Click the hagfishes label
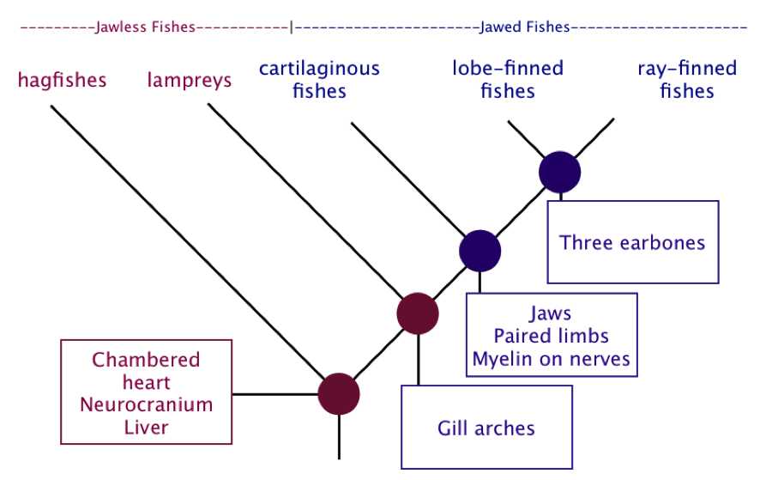pyautogui.click(x=62, y=81)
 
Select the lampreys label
pyautogui.click(x=190, y=81)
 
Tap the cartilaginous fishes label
pyautogui.click(x=320, y=79)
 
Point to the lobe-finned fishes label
pyautogui.click(x=508, y=79)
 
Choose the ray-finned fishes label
pyautogui.click(x=687, y=79)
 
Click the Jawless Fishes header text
pyautogui.click(x=145, y=27)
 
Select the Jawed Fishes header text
pyautogui.click(x=525, y=27)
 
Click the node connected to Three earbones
pyautogui.click(x=560, y=172)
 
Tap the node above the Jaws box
pyautogui.click(x=480, y=251)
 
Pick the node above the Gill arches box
pyautogui.click(x=418, y=313)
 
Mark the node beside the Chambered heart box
pyautogui.click(x=339, y=394)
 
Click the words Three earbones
pyautogui.click(x=632, y=243)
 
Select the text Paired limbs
pyautogui.click(x=552, y=336)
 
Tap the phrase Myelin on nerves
pyautogui.click(x=552, y=359)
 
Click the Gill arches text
pyautogui.click(x=486, y=428)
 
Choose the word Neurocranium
pyautogui.click(x=146, y=404)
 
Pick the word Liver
pyautogui.click(x=146, y=428)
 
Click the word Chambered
pyautogui.click(x=146, y=360)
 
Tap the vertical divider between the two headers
pyautogui.click(x=292, y=27)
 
